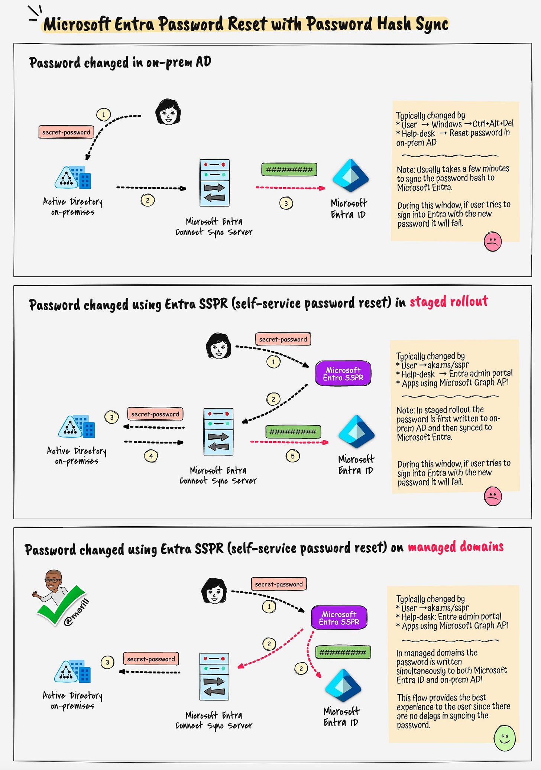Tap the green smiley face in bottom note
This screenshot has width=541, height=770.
pyautogui.click(x=504, y=738)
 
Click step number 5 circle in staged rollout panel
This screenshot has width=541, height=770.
pyautogui.click(x=292, y=456)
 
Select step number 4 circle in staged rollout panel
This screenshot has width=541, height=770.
pyautogui.click(x=151, y=456)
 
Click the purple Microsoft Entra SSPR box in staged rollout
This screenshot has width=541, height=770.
pyautogui.click(x=343, y=374)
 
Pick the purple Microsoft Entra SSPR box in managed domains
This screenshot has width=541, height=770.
pyautogui.click(x=339, y=618)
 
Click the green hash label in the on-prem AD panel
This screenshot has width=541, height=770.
pyautogui.click(x=289, y=170)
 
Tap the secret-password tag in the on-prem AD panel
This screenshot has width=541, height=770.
pyautogui.click(x=66, y=132)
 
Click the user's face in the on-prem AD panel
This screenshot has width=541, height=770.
pyautogui.click(x=168, y=112)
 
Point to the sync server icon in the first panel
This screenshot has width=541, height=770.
pyautogui.click(x=214, y=183)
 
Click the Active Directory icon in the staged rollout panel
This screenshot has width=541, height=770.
pyautogui.click(x=77, y=427)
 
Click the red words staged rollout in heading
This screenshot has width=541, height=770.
pyautogui.click(x=448, y=302)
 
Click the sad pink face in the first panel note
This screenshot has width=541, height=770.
pyautogui.click(x=492, y=241)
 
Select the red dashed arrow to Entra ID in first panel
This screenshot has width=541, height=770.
pyautogui.click(x=290, y=188)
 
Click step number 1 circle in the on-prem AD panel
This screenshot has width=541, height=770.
pyautogui.click(x=103, y=114)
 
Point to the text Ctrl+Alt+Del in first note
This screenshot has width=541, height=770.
pyautogui.click(x=493, y=124)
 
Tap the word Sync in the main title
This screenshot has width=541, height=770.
pyautogui.click(x=432, y=25)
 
